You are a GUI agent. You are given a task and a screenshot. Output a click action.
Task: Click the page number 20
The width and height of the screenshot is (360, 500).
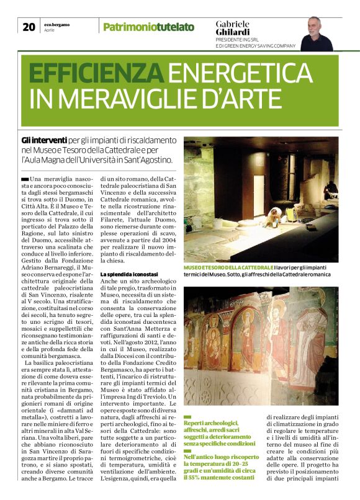pyautogui.click(x=29, y=27)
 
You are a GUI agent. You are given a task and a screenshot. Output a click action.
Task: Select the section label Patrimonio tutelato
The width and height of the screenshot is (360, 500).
pyautogui.click(x=148, y=27)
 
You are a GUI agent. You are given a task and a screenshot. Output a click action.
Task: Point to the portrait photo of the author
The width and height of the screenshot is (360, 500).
pyautogui.click(x=317, y=33)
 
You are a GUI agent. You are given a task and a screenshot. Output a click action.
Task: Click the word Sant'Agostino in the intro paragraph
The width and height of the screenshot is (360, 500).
pyautogui.click(x=148, y=160)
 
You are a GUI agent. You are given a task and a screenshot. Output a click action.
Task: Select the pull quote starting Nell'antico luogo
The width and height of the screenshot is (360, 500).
pyautogui.click(x=220, y=472)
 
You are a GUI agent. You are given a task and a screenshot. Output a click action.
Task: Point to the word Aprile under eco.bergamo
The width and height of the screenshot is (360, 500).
pyautogui.click(x=50, y=30)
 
